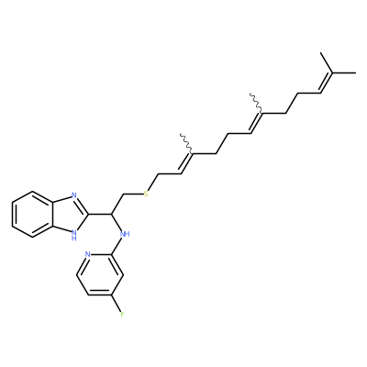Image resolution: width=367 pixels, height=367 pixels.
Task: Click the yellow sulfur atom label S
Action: pos(146,194)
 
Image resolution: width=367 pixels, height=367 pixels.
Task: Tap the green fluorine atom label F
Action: pos(122,315)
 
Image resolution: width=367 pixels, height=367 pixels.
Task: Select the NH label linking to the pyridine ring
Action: pos(125,234)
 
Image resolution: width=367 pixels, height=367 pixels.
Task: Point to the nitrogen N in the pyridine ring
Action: pos(87,254)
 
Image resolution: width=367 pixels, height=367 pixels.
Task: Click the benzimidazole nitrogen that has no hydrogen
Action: pos(73,195)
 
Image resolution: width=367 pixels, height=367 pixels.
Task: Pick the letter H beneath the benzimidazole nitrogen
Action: pos(73,239)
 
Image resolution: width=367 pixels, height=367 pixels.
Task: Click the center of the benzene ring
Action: pos(32,214)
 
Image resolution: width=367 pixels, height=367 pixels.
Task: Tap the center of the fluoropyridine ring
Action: pos(100,274)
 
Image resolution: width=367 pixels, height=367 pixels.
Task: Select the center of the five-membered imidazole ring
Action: pos(69,214)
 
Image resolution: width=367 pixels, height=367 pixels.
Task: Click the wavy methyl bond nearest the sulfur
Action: pos(186,143)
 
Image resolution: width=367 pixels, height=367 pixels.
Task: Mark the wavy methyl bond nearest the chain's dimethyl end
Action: pos(256,103)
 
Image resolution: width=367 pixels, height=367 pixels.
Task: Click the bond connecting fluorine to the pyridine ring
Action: pos(117,304)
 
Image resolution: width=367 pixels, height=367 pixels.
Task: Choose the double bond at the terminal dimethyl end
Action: pos(326,83)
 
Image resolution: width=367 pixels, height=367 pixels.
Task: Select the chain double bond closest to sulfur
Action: pos(187,163)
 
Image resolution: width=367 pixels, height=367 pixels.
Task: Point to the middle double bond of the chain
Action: pos(256,123)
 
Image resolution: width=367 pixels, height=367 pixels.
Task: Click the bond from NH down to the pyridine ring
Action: pos(117,247)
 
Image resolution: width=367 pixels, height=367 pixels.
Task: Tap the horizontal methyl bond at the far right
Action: pos(344,72)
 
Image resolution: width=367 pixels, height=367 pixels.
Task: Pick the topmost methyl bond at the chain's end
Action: pos(327,62)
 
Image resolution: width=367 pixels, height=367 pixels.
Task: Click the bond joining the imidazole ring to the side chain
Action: pos(100,214)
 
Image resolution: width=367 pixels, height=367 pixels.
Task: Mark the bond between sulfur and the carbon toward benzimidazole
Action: pos(132,194)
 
